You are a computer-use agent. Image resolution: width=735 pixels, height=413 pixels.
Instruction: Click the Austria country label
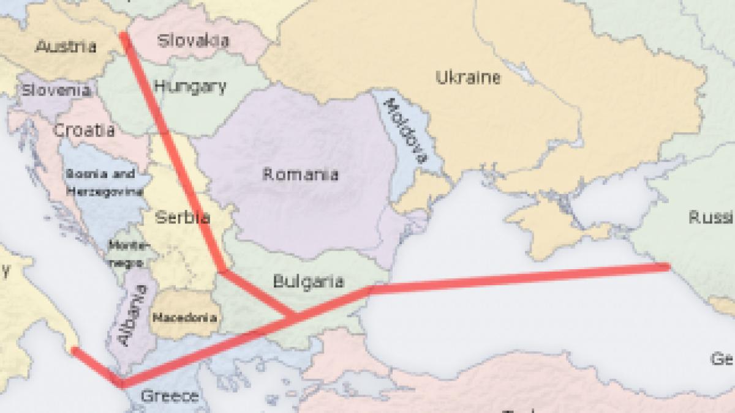[66, 46]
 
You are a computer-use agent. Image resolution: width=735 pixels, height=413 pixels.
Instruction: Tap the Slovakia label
[193, 41]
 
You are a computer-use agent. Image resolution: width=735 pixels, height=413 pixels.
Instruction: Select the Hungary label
[190, 87]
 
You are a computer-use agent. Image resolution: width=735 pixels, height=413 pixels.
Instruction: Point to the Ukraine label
[468, 78]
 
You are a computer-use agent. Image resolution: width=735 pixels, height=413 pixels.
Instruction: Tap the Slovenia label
[56, 91]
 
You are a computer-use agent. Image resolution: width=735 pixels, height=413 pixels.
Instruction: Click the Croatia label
[84, 130]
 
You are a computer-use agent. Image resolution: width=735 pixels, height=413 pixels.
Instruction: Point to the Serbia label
[183, 217]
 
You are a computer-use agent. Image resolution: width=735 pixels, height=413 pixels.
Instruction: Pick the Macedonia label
[184, 318]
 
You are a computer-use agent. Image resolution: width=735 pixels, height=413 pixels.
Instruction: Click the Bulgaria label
[308, 281]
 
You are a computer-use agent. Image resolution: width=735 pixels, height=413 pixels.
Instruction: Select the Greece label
[170, 396]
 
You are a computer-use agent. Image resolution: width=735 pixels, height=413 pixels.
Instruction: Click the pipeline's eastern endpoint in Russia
[666, 267]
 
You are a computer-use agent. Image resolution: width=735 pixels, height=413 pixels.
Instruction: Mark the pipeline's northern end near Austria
[124, 36]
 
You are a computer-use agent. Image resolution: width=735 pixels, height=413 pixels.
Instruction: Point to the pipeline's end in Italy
[74, 351]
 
